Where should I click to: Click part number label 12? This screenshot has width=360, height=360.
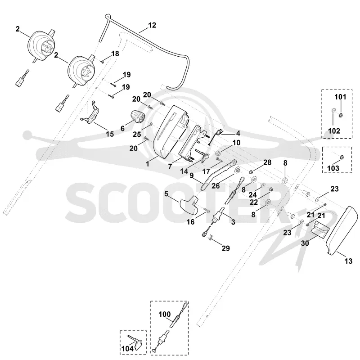[x=152, y=25]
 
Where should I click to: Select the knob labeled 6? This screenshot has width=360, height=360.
[x=137, y=116]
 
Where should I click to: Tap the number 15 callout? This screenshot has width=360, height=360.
[x=110, y=134]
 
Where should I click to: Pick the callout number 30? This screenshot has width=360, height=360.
[x=305, y=243]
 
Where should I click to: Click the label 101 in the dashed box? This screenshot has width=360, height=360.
[x=340, y=97]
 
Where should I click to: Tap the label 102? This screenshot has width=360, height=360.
[x=334, y=131]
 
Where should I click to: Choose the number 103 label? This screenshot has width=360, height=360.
[x=333, y=168]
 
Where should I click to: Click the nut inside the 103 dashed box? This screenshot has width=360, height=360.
[x=342, y=157]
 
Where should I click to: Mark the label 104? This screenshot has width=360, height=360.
[x=127, y=349]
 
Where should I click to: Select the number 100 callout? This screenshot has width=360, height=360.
[x=165, y=314]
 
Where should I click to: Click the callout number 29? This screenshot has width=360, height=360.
[x=226, y=248]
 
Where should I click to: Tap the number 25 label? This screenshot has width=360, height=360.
[x=137, y=134]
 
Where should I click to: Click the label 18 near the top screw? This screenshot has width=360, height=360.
[x=115, y=54]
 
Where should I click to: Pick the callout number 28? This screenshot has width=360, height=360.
[x=267, y=162]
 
